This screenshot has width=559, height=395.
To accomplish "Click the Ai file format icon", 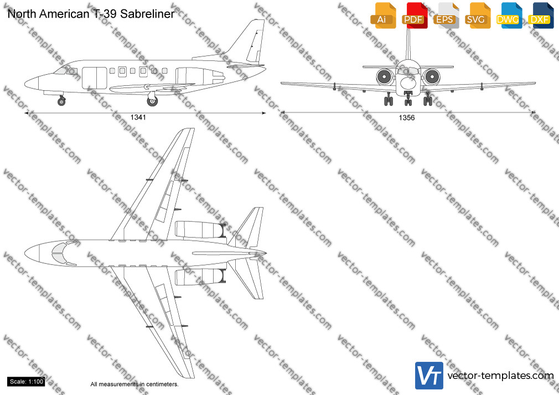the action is pyautogui.click(x=383, y=15).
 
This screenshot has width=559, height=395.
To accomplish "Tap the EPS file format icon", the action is pyautogui.click(x=446, y=15).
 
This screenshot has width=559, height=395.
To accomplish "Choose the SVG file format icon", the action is pyautogui.click(x=477, y=15).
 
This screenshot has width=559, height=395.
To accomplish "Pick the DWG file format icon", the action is pyautogui.click(x=509, y=15).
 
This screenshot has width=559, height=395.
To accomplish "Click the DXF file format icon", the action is pyautogui.click(x=541, y=15).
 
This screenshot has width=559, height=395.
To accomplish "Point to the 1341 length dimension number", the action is pyautogui.click(x=138, y=117).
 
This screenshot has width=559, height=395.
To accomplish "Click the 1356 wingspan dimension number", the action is pyautogui.click(x=407, y=118).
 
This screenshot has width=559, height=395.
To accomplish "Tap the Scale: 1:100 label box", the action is pyautogui.click(x=27, y=382).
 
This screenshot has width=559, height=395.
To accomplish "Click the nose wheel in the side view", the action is pyautogui.click(x=61, y=102).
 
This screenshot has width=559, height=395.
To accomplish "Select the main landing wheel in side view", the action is pyautogui.click(x=152, y=101).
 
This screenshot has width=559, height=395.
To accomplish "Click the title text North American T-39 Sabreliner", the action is pyautogui.click(x=91, y=14).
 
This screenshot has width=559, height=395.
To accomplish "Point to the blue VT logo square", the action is pyautogui.click(x=429, y=376).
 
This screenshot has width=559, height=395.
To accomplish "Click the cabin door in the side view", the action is pyautogui.click(x=95, y=77).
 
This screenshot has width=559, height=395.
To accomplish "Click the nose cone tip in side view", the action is pyautogui.click(x=24, y=84).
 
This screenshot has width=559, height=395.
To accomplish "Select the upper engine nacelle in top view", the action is pyautogui.click(x=200, y=229).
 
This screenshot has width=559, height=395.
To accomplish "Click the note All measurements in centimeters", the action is pyautogui.click(x=134, y=384).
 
